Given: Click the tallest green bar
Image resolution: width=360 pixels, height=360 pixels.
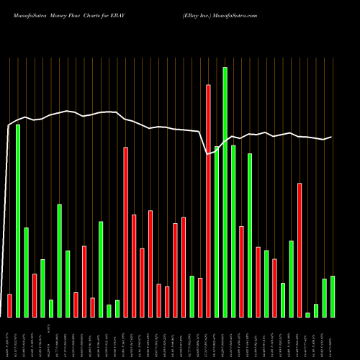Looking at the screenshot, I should (225, 192).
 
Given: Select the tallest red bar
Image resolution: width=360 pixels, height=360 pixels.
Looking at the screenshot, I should (209, 201).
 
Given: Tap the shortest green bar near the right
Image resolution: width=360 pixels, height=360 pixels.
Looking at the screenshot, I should (307, 315).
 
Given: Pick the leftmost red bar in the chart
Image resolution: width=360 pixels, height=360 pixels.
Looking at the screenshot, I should (9, 305).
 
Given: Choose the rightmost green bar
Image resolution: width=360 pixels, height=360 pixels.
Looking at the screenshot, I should (333, 297).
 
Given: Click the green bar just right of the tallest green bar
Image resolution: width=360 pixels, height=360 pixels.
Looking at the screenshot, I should (233, 231).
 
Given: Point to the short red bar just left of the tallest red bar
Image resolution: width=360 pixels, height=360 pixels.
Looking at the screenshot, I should (200, 297).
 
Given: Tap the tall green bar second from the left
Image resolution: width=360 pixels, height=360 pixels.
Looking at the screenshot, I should (18, 220).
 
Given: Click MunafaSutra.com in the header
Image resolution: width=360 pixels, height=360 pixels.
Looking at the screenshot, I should (235, 14).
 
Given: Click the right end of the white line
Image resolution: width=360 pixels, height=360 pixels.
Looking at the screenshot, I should (331, 137).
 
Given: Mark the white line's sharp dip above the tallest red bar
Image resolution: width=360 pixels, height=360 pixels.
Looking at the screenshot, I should (208, 153).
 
